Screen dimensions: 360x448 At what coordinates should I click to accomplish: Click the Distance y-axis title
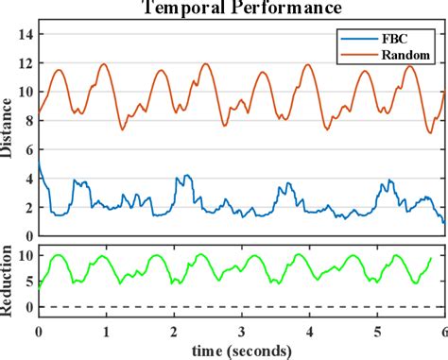pos(9,133)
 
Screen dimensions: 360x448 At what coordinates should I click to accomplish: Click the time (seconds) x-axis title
pos(240,351)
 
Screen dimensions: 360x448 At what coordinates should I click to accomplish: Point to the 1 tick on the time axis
pos(106,333)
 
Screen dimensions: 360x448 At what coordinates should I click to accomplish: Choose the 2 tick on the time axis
pos(173,333)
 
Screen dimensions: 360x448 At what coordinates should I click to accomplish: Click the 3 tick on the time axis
pos(241,333)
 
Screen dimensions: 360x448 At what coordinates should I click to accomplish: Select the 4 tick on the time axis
pos(309,333)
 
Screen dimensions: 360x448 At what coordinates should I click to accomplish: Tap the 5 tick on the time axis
pos(377,333)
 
